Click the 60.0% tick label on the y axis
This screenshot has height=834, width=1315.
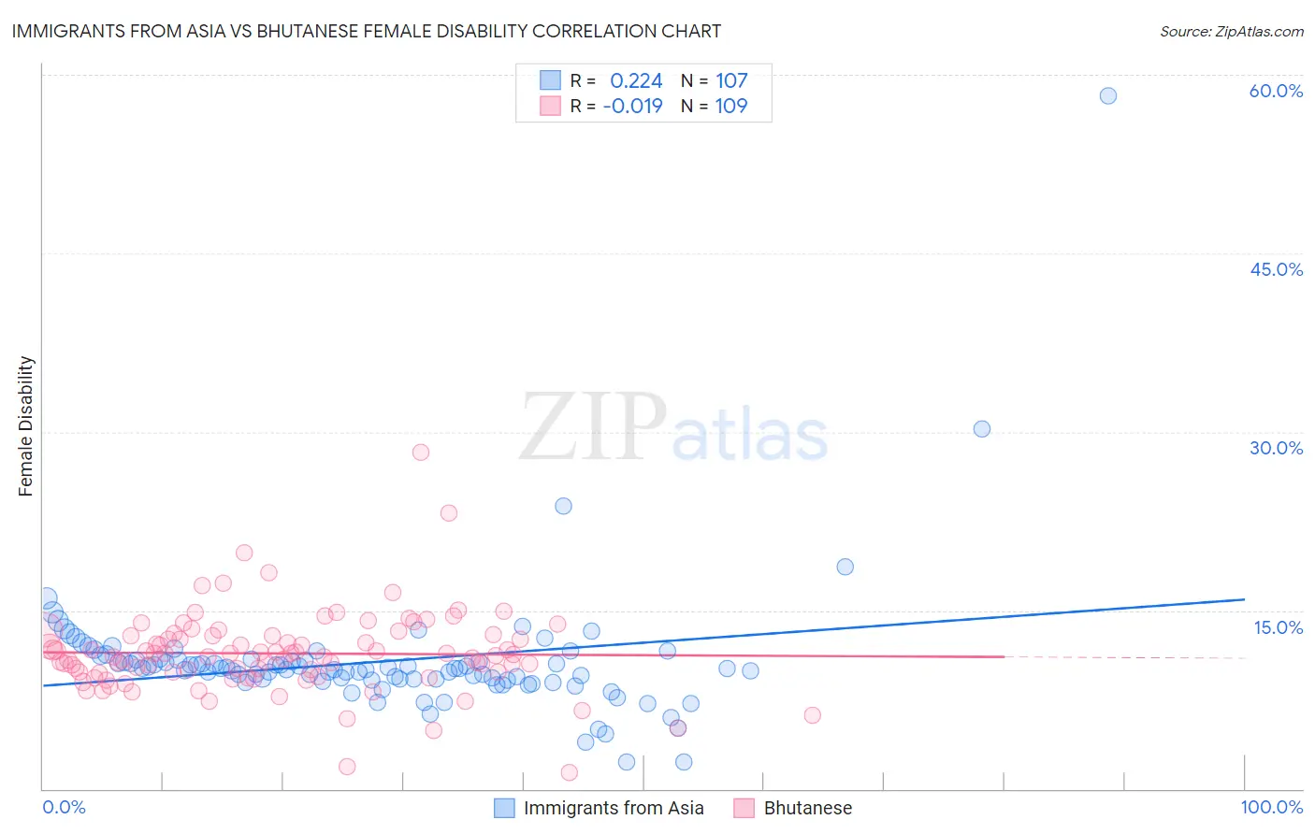[x=1276, y=91]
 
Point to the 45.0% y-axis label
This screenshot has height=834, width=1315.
[x=1276, y=269]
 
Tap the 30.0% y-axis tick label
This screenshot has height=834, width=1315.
[x=1276, y=448]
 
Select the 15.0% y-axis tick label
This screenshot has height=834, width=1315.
[x=1278, y=627]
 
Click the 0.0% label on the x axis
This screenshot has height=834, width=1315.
[x=64, y=807]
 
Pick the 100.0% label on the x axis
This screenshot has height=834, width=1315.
[x=1271, y=807]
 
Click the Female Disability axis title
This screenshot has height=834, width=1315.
[x=26, y=426]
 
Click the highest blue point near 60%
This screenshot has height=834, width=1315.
[x=1108, y=95]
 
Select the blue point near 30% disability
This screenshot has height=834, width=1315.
[x=982, y=429]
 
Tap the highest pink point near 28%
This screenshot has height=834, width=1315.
[x=421, y=453]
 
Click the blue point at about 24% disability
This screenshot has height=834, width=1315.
[x=563, y=506]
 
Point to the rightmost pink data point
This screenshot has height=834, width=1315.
[x=812, y=715]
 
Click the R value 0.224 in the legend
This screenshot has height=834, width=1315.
[x=636, y=81]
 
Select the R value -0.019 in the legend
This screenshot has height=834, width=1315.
[x=632, y=107]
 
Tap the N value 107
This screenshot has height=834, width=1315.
[x=731, y=81]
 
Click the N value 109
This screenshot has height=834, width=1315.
[x=731, y=107]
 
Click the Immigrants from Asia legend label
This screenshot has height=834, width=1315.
[x=614, y=808]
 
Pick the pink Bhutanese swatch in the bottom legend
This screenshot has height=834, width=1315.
[x=744, y=808]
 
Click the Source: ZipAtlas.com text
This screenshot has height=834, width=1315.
[x=1231, y=32]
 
